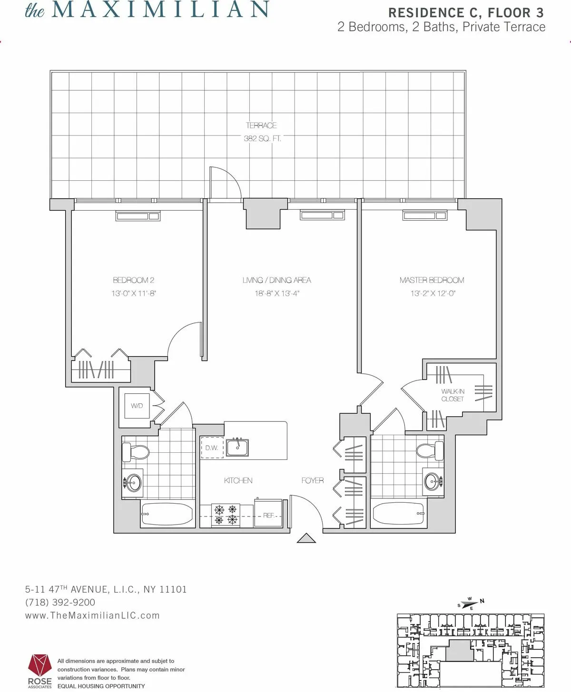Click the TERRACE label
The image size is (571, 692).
261,126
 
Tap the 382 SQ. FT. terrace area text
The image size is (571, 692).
262,139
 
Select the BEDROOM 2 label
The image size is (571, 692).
134,280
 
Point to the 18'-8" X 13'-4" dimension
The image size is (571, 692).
276,293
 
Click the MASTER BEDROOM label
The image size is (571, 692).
432,280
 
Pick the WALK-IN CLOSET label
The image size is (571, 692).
453,395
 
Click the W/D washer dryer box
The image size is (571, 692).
137,406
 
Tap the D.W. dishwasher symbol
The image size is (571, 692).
211,448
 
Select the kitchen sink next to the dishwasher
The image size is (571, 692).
237,447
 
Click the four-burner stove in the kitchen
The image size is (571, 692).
226,515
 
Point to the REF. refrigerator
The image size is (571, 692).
268,515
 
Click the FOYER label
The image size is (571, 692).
312,480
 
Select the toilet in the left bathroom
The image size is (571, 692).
135,451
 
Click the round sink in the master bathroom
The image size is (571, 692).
433,481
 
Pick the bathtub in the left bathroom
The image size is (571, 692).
167,514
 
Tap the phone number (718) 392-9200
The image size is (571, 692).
60,602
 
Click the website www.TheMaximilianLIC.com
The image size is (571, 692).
92,615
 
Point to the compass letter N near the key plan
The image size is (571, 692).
482,601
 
